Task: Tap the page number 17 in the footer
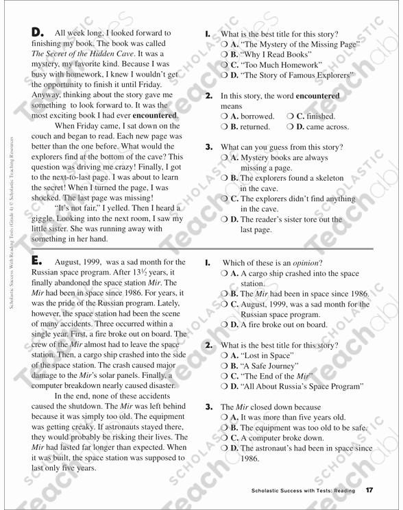[x=369, y=491]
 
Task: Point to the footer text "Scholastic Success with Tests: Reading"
[x=303, y=491]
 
